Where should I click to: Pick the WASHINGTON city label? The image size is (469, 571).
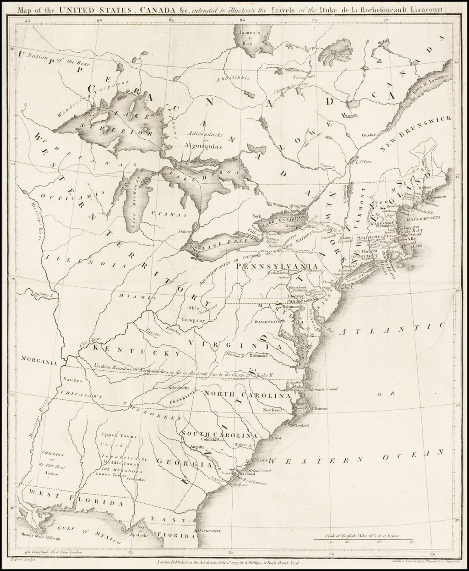264,323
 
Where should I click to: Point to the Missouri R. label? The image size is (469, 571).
44,295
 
